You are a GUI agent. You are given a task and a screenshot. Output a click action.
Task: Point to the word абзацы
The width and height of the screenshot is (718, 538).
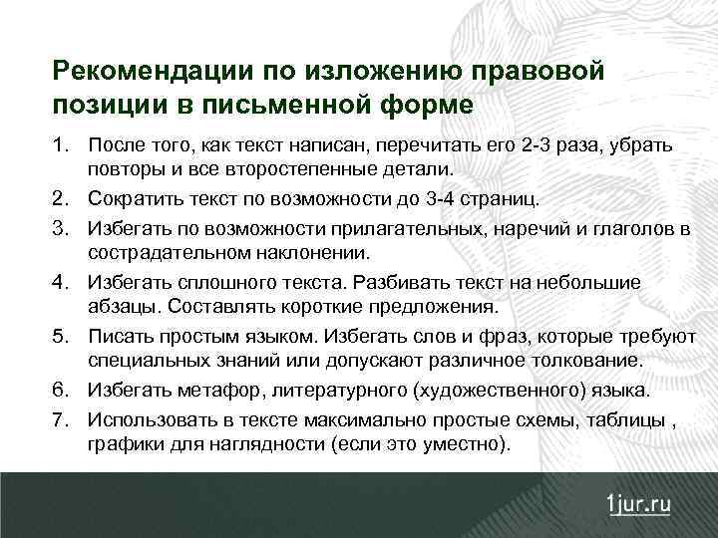[121, 305]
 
